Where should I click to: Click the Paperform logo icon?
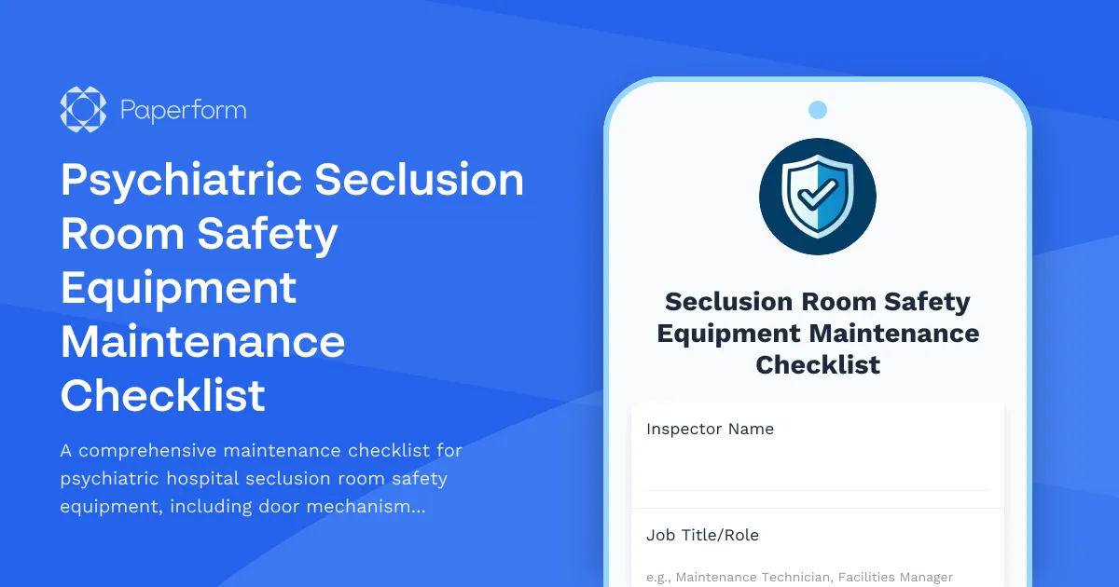click(x=83, y=110)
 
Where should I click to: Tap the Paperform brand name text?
click(x=184, y=111)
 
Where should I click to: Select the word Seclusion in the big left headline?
click(x=419, y=180)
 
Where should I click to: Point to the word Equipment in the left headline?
click(x=178, y=288)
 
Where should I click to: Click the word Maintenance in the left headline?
click(x=202, y=342)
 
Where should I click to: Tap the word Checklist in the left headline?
click(x=163, y=396)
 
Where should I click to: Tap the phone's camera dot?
click(x=818, y=110)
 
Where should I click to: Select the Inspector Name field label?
click(x=710, y=430)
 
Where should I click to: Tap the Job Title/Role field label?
click(x=702, y=536)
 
